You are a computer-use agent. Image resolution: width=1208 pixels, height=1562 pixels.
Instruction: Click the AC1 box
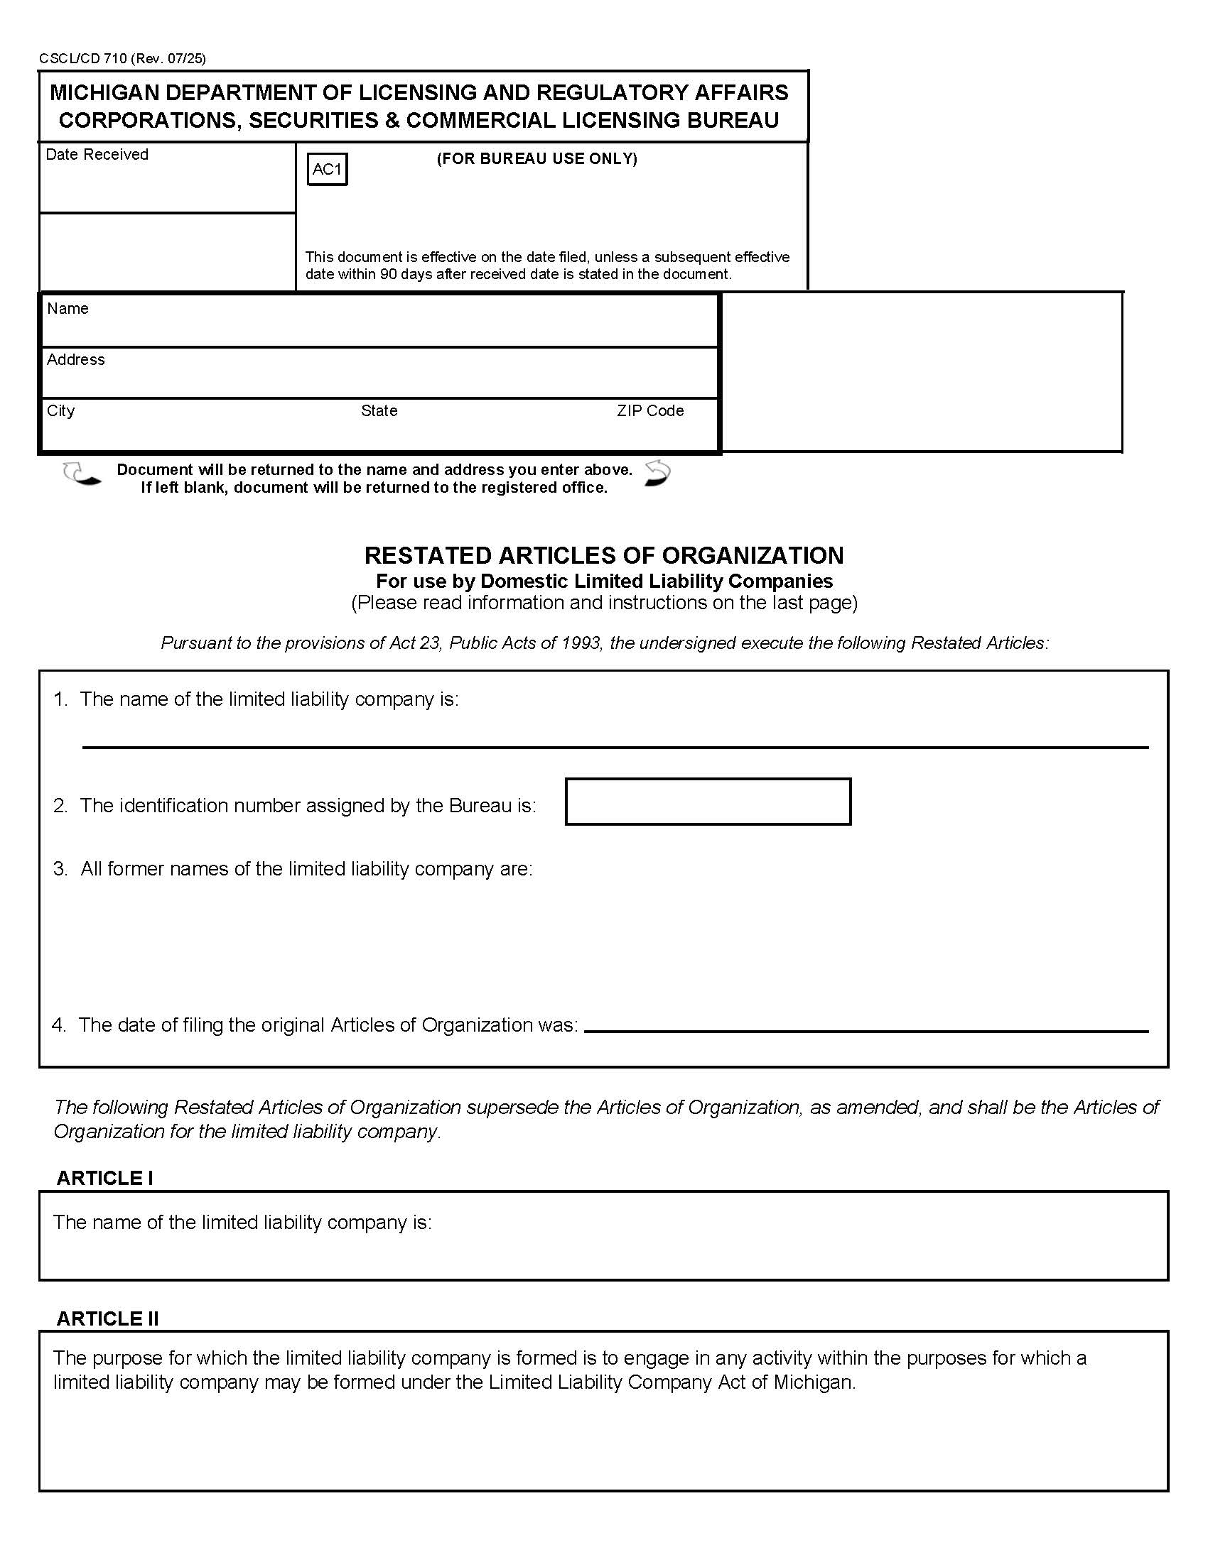[x=327, y=170]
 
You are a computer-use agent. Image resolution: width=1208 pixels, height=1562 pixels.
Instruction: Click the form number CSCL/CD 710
[x=83, y=59]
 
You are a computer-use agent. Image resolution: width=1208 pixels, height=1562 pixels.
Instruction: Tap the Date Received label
[x=97, y=155]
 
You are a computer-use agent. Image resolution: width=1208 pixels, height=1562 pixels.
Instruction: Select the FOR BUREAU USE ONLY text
[x=536, y=159]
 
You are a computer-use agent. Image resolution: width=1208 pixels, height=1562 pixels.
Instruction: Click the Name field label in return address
[x=68, y=308]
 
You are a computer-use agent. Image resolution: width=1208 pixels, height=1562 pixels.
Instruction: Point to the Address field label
[x=76, y=359]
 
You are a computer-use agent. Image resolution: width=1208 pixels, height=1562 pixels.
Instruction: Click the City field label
[x=60, y=410]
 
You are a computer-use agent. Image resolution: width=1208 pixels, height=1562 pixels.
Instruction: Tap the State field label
[x=379, y=410]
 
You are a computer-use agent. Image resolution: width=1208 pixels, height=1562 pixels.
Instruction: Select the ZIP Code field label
[x=649, y=410]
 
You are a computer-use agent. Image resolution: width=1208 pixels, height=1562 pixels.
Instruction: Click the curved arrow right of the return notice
[x=657, y=473]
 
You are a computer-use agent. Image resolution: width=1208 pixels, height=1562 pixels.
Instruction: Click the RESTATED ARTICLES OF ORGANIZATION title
[x=603, y=555]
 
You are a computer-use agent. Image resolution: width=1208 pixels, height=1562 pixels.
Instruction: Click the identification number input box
[x=708, y=802]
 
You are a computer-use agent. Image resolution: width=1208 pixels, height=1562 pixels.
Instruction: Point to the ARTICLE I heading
[x=104, y=1178]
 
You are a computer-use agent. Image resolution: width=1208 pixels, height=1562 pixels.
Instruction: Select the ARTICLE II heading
[x=107, y=1318]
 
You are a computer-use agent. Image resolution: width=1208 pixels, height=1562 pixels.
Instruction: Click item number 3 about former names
[x=60, y=868]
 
